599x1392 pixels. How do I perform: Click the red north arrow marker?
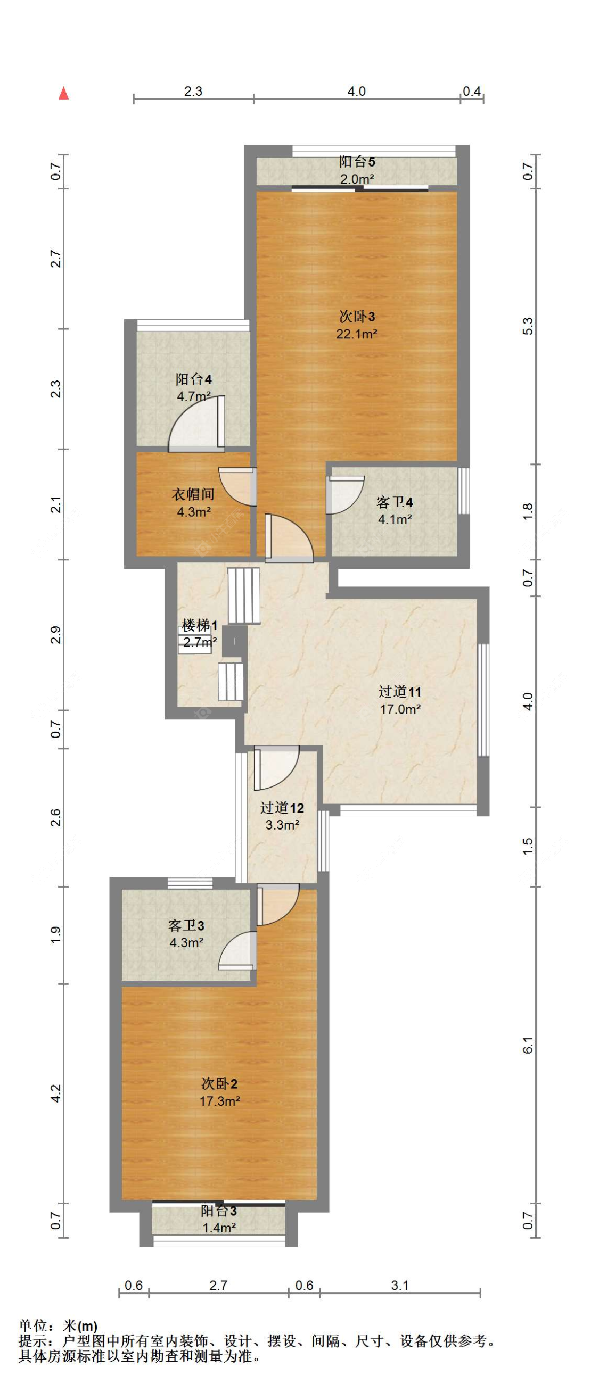click(x=64, y=94)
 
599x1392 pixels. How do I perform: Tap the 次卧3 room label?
click(x=357, y=316)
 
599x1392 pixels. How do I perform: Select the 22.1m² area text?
click(x=357, y=334)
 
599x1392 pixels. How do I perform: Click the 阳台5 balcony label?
click(x=357, y=161)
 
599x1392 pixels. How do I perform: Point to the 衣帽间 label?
click(x=193, y=494)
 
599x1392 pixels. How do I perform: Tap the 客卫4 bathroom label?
click(x=395, y=502)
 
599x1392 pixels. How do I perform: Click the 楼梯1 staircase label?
click(x=200, y=626)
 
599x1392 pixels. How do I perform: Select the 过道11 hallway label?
click(x=399, y=692)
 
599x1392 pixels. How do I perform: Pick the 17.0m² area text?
click(x=400, y=709)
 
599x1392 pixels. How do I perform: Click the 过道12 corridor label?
click(x=282, y=808)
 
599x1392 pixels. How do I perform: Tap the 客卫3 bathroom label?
click(x=186, y=926)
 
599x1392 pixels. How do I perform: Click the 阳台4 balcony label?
click(x=193, y=379)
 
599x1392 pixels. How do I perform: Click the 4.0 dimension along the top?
click(x=356, y=92)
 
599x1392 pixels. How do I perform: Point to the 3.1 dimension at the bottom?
click(x=400, y=1285)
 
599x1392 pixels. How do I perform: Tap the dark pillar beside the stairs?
click(x=235, y=641)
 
